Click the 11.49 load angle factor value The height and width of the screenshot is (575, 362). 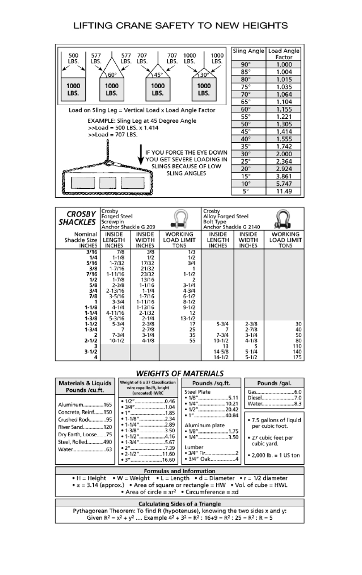pyautogui.click(x=284, y=191)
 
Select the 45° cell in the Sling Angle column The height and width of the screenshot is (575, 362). pyautogui.click(x=249, y=132)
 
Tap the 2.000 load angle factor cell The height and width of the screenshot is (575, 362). pyautogui.click(x=284, y=154)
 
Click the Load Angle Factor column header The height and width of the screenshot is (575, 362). pyautogui.click(x=284, y=54)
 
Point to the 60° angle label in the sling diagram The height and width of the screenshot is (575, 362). pyautogui.click(x=112, y=75)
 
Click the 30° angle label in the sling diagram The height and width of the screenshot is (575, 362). pyautogui.click(x=204, y=75)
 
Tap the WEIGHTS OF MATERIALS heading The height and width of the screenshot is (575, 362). pyautogui.click(x=179, y=374)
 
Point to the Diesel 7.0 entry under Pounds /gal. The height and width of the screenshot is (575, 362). pyautogui.click(x=274, y=397)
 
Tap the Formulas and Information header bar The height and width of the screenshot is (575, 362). pyautogui.click(x=179, y=471)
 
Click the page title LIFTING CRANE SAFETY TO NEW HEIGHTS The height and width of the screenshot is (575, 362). pyautogui.click(x=181, y=26)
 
